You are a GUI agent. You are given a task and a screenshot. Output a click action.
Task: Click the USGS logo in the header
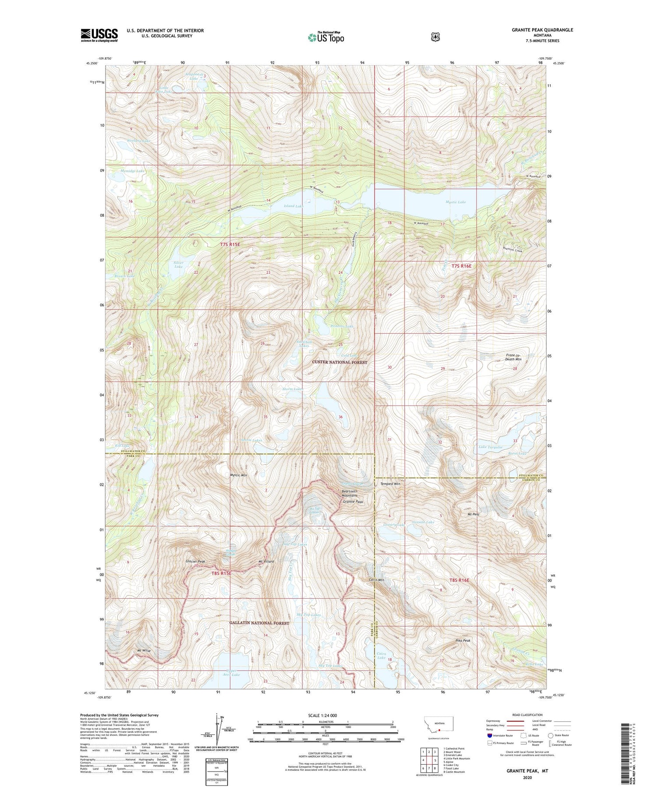(x=99, y=35)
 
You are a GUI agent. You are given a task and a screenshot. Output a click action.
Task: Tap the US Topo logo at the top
(x=326, y=38)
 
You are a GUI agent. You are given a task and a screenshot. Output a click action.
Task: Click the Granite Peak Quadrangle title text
(x=542, y=30)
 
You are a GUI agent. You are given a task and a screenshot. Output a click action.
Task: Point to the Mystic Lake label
(x=456, y=202)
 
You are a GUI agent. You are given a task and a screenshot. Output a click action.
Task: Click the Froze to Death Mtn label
(x=513, y=357)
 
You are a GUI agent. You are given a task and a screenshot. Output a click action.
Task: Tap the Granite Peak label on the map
(x=353, y=502)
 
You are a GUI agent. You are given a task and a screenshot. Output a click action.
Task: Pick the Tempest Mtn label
(x=390, y=484)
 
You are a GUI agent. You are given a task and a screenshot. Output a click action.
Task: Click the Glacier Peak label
(x=195, y=561)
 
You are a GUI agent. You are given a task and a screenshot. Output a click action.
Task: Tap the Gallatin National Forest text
(x=259, y=623)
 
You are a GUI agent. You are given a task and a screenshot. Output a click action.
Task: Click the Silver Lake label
(x=178, y=265)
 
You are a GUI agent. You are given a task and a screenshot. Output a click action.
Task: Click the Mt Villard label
(x=266, y=561)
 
